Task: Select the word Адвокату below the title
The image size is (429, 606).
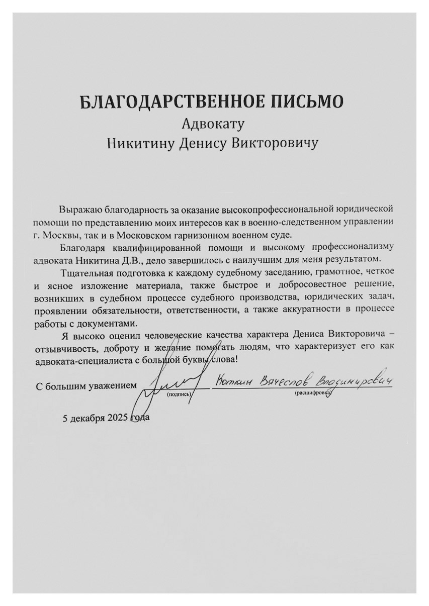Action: [213, 123]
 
